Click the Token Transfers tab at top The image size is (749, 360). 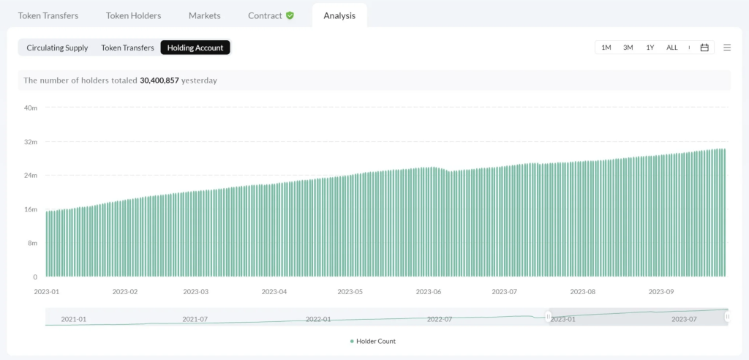48,15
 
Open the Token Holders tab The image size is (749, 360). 133,15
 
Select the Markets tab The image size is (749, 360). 204,15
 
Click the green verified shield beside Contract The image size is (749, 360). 290,15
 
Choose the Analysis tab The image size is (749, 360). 339,15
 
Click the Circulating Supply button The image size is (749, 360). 57,48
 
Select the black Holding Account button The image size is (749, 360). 195,48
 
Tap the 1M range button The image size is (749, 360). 606,48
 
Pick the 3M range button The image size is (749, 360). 628,48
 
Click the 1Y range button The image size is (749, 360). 650,48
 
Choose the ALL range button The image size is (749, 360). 671,48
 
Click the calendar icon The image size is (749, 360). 704,48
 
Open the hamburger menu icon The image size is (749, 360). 727,48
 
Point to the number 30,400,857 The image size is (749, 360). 159,80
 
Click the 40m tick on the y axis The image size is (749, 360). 31,108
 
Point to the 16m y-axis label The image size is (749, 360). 31,209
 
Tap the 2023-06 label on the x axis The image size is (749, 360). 429,291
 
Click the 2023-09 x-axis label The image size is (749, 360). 661,291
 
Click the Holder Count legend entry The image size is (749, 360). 373,341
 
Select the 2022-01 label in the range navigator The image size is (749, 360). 318,319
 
